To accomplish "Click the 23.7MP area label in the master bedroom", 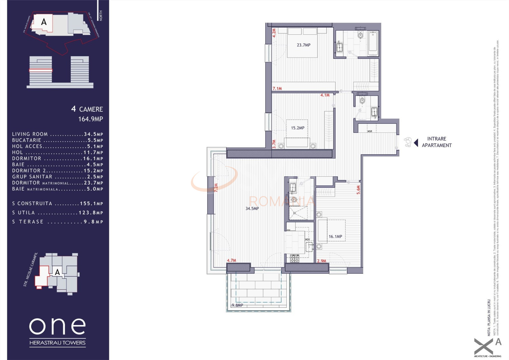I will coord(303,45).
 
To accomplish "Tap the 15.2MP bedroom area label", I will coord(297,128).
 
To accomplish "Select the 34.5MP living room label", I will coord(252,208).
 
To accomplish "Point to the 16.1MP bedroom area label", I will coord(335,236).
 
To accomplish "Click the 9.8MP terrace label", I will coord(237,305).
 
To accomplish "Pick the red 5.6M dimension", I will coord(359,190).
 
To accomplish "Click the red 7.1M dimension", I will coord(277,88).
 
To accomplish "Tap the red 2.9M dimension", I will coord(322,261).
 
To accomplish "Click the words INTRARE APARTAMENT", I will coord(436,142).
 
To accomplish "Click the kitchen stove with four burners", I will coord(294,258).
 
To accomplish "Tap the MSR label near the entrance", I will coord(370,131).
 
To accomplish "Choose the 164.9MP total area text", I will coord(91,119).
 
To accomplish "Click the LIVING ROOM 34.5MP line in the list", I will coord(58,134).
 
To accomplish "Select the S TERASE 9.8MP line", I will coord(58,222).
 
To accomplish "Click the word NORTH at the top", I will coord(101,16).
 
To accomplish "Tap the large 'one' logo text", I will coord(58,326).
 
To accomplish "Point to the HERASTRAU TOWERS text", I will coord(58,343).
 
